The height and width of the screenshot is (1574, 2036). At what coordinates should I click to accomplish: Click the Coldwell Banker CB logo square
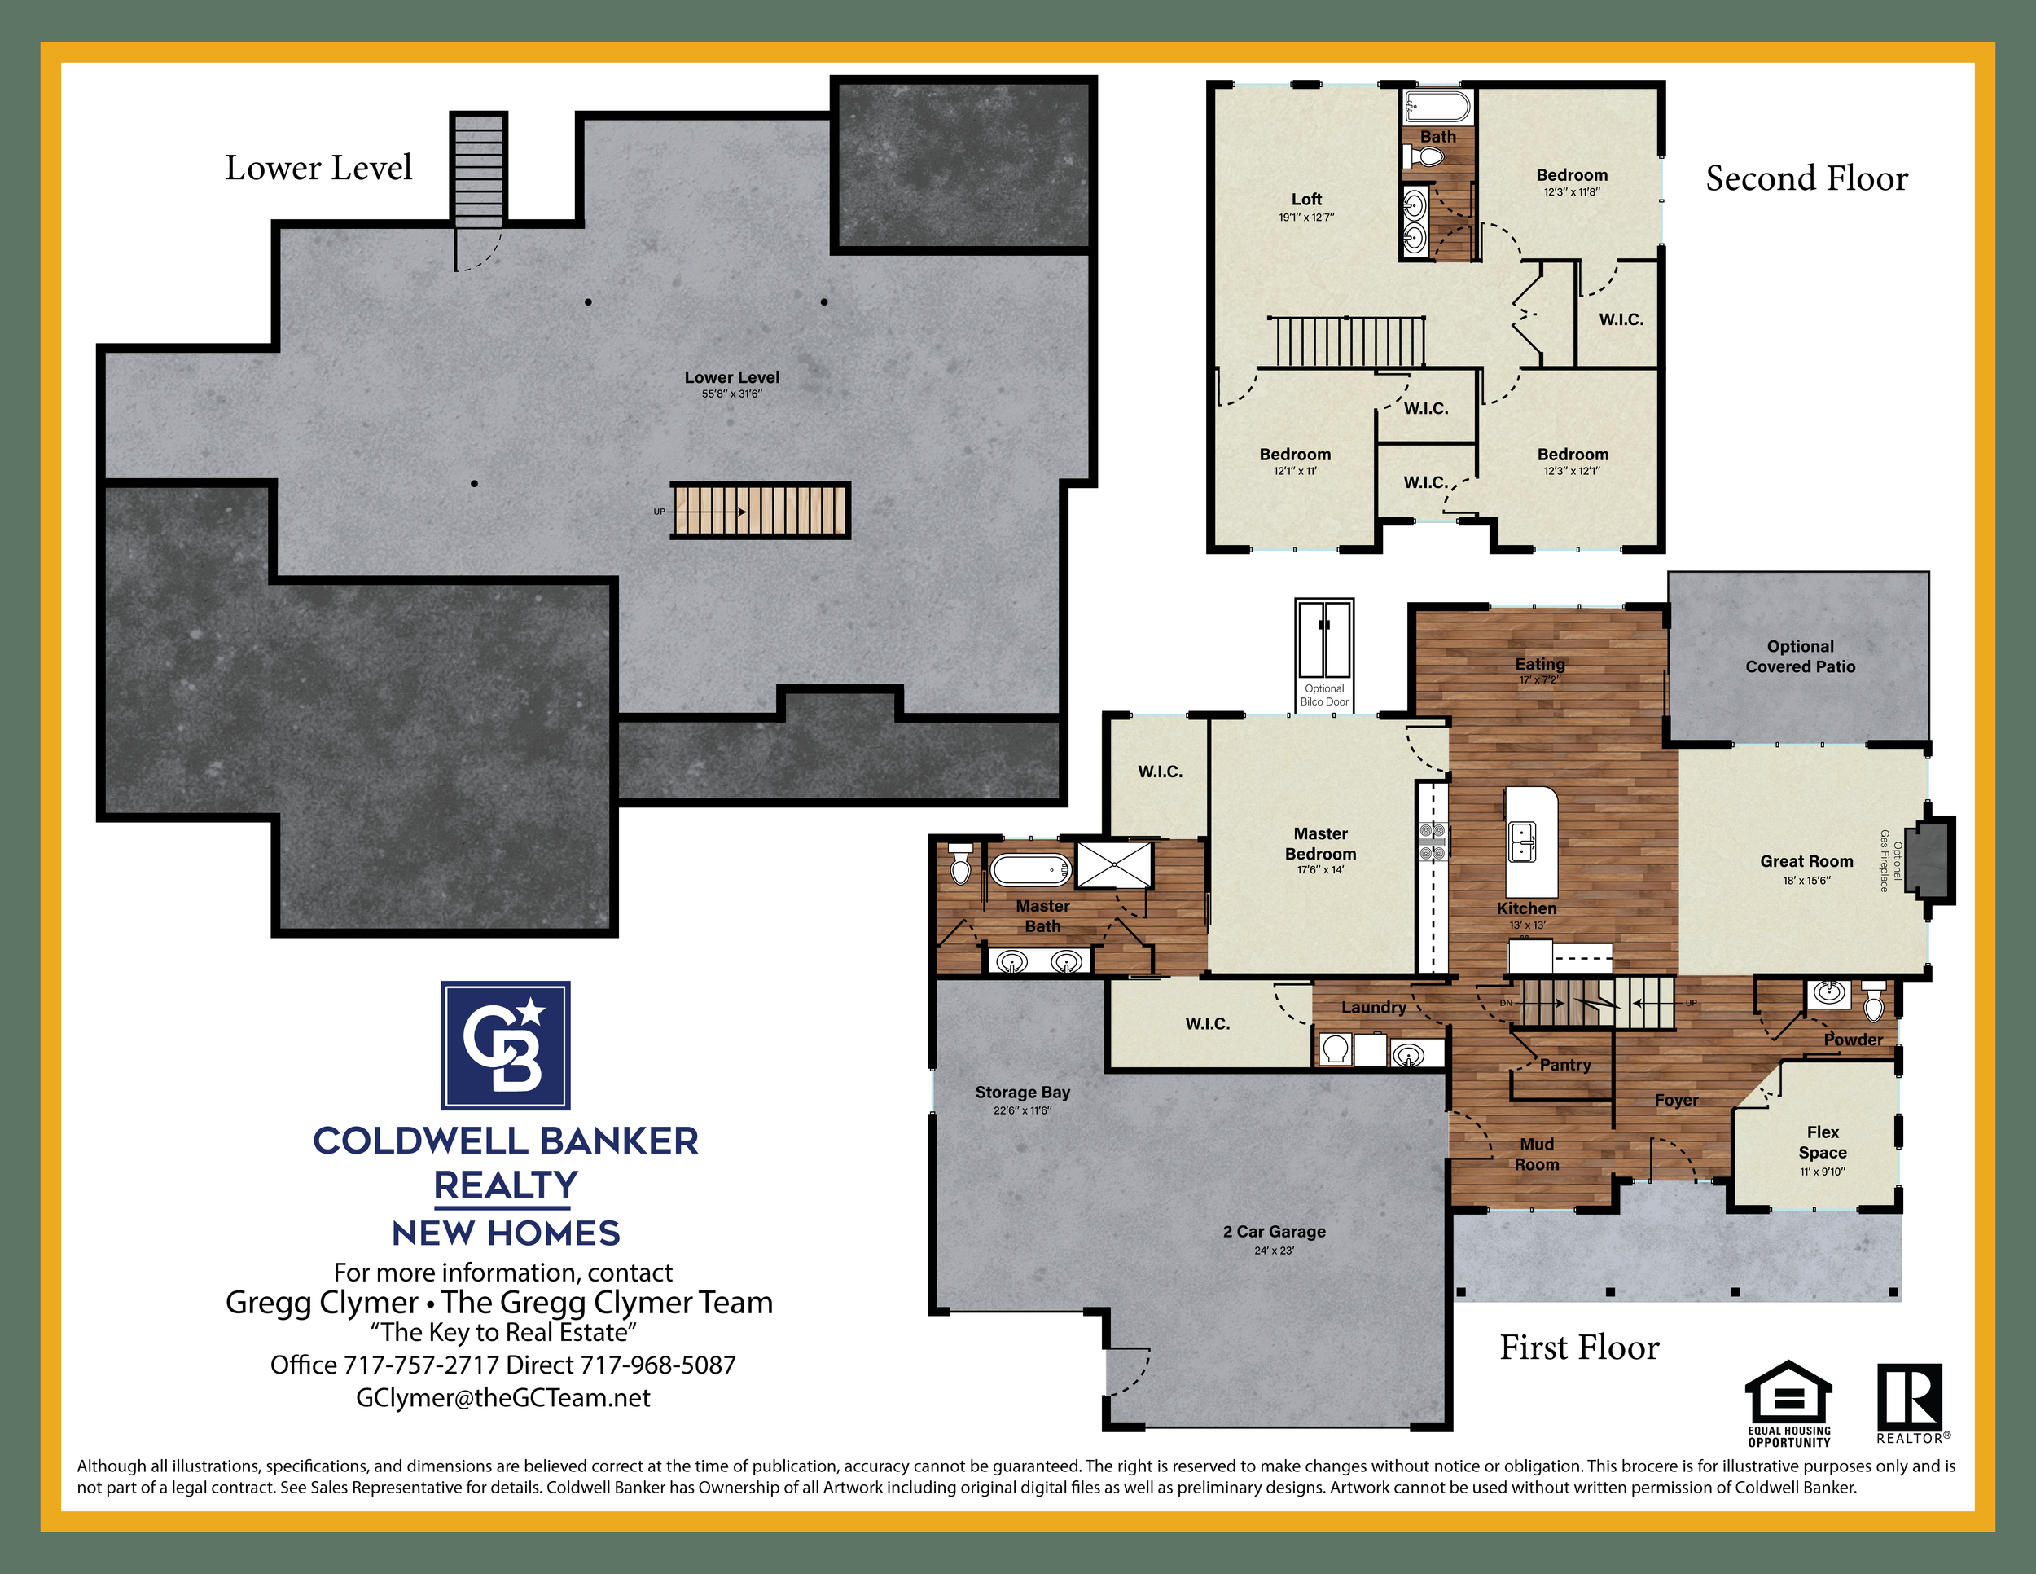point(505,1044)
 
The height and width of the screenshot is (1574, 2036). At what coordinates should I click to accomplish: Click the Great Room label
point(1806,862)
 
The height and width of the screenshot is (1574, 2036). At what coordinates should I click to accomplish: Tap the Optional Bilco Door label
point(1323,696)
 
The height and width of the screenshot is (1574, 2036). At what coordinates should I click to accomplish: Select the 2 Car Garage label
point(1274,1232)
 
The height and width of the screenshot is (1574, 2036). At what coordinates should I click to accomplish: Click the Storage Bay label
point(1023,1092)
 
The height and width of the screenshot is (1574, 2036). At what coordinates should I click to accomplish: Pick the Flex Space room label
point(1823,1142)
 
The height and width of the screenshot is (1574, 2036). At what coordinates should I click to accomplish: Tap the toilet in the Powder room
point(1874,1001)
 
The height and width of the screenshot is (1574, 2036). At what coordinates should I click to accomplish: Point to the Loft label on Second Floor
point(1306,200)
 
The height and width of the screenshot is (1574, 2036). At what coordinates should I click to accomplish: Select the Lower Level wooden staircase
point(760,510)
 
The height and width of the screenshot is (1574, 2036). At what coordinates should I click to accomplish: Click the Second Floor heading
point(1806,178)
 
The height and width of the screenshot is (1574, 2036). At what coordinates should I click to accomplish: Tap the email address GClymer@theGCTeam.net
point(503,1398)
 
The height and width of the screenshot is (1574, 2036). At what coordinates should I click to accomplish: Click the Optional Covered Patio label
point(1800,657)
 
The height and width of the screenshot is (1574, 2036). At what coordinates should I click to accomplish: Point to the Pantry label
point(1565,1065)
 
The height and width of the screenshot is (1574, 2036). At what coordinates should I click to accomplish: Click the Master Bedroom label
point(1320,844)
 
